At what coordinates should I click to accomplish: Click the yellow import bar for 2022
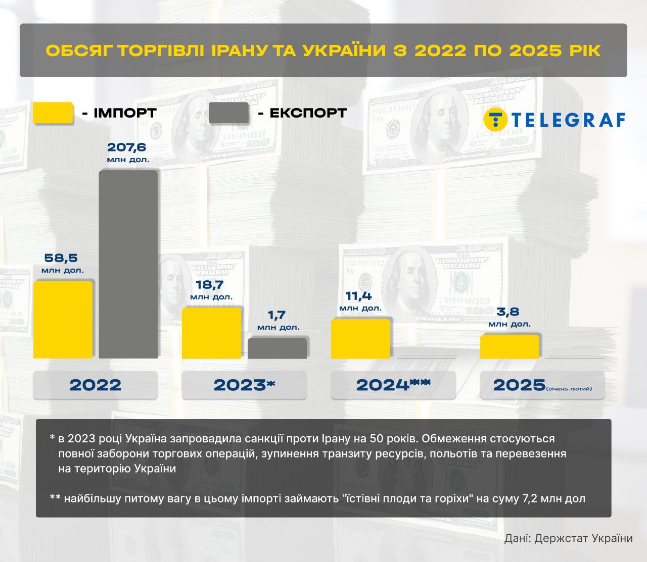pos(63,320)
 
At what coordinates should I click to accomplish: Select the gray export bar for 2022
pos(128,265)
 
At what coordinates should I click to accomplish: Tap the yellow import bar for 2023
pos(211,333)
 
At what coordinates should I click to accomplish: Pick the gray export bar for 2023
pos(277,348)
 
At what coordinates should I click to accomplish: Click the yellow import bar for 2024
pos(360,339)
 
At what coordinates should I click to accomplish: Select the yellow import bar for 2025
pos(510,347)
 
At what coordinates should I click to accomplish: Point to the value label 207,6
pos(127,147)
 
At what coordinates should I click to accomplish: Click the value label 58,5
pos(61,258)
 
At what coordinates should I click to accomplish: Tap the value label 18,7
pos(210,285)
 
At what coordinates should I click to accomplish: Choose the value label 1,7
pos(277,316)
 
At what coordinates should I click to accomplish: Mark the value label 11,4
pos(359,296)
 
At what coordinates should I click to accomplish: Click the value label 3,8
pos(508,312)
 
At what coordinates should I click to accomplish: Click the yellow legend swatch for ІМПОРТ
pos(53,113)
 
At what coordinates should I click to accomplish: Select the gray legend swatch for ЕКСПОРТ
pos(228,113)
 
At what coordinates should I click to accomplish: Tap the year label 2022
pos(96,385)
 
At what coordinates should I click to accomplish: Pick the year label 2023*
pos(244,385)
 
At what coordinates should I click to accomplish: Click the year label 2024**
pos(393,385)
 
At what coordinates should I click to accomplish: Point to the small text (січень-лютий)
pos(569,389)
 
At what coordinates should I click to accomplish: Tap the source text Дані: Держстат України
pos(568,538)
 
